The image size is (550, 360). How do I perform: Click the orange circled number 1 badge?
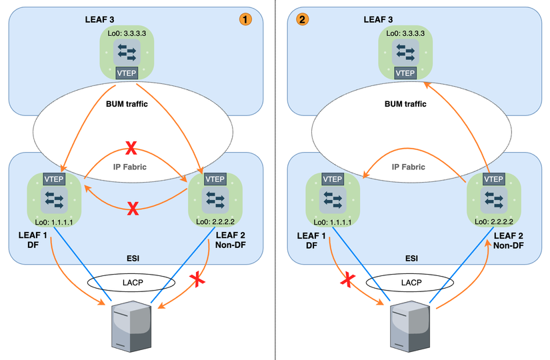246,19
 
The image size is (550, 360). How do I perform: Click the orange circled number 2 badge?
303,19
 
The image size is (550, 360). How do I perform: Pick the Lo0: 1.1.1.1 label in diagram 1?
53,221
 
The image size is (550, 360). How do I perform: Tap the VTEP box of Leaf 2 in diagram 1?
215,179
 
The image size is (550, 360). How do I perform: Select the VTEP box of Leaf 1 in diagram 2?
333,179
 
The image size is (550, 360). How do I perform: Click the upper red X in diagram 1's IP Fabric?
133,147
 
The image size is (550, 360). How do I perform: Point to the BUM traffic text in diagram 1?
126,103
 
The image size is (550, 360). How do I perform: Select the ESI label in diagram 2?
411,257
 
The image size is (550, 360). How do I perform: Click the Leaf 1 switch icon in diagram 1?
53,199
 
